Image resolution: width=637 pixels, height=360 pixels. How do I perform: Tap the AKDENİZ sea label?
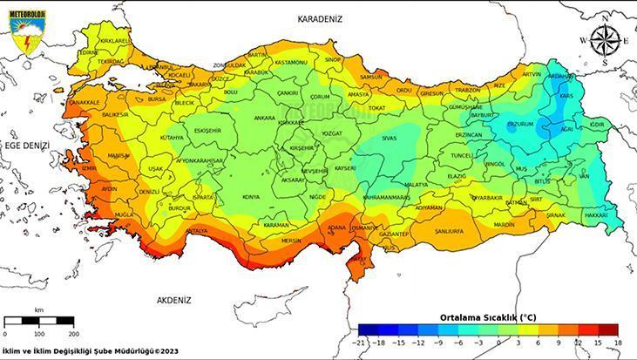tap(173, 300)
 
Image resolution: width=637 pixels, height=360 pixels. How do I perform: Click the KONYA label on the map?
tap(251, 197)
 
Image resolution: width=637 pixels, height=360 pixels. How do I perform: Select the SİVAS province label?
tap(389, 138)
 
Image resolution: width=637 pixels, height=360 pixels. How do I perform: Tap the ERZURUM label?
tap(520, 125)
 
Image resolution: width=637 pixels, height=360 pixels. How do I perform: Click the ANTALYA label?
tap(197, 231)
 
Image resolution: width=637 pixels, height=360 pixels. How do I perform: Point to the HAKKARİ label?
tap(596, 214)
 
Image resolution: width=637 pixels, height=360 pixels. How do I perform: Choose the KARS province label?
tap(566, 95)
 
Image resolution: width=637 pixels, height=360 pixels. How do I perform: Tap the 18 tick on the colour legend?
tap(617, 342)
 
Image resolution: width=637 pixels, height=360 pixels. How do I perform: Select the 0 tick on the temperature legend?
tap(498, 342)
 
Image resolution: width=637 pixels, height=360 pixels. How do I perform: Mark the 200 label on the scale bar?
tap(73, 334)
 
